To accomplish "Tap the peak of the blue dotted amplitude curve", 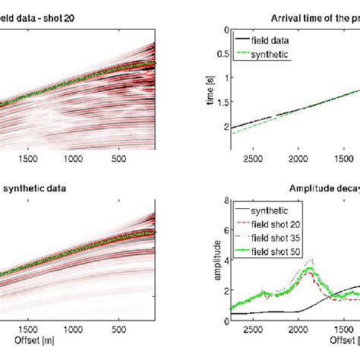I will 308,260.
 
